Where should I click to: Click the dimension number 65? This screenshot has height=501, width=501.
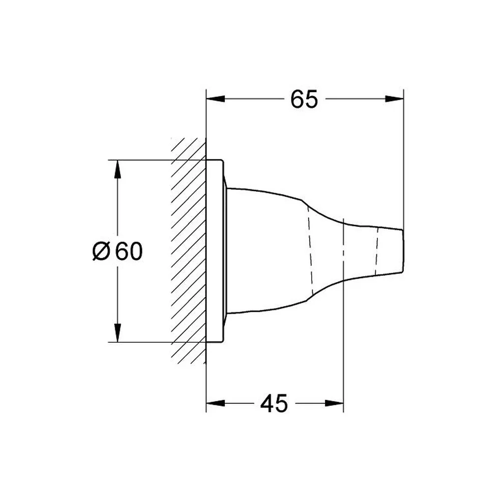coord(304,99)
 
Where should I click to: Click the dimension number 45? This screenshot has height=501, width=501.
coord(274,403)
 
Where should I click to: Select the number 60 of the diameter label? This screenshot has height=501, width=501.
coord(129,251)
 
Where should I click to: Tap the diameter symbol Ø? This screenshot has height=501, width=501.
coord(101,251)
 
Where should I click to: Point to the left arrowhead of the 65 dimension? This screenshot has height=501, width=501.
coord(215,99)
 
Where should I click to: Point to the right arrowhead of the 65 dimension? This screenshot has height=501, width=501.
coord(394,99)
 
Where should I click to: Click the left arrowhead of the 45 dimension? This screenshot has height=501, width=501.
coord(215,403)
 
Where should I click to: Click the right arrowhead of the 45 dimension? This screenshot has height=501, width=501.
coord(334,403)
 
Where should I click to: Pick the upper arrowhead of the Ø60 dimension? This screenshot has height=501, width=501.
coord(118,169)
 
